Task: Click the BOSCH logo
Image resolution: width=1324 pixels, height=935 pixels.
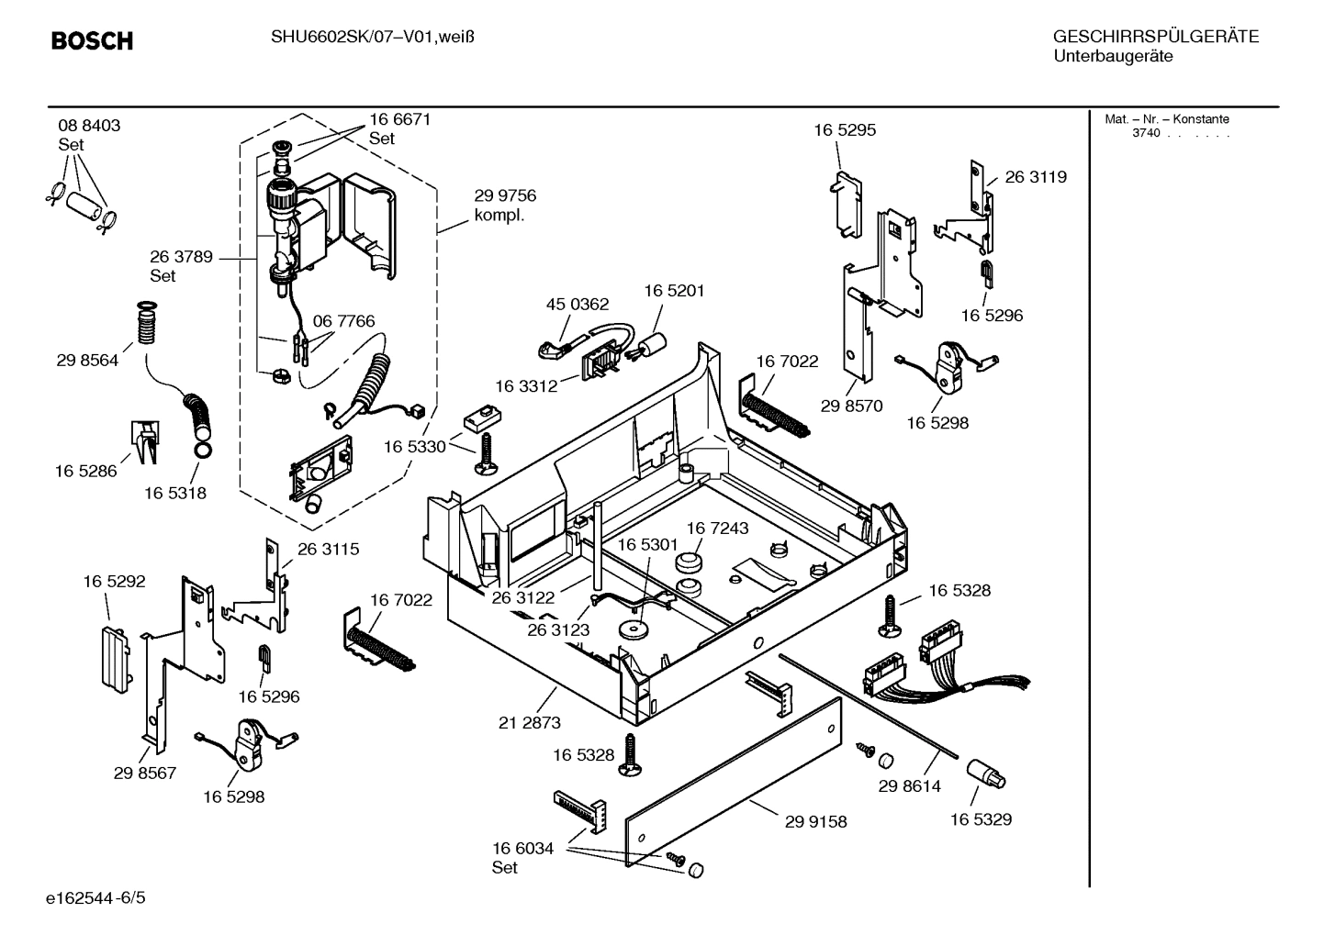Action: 92,41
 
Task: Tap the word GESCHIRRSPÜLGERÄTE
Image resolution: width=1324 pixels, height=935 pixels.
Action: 1155,37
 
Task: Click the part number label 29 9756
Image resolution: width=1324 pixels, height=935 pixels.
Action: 505,195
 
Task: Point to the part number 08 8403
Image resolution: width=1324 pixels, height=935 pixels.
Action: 89,126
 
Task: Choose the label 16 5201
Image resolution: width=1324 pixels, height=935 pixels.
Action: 674,291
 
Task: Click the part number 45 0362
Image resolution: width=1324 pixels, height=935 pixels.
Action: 578,305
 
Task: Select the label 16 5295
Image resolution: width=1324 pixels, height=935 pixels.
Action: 845,130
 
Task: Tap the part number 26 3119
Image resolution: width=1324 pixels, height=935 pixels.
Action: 1036,177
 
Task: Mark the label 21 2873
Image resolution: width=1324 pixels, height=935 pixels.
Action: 530,723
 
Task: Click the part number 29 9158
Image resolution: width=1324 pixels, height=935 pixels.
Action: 815,822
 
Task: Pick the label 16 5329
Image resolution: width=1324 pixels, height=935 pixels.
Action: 981,819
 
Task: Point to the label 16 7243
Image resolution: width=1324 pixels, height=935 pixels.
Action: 717,529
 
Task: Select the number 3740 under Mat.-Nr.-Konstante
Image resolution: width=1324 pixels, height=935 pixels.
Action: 1146,133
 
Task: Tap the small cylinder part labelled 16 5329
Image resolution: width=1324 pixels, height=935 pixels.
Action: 987,775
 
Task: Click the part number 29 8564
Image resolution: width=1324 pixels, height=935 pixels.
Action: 87,361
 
